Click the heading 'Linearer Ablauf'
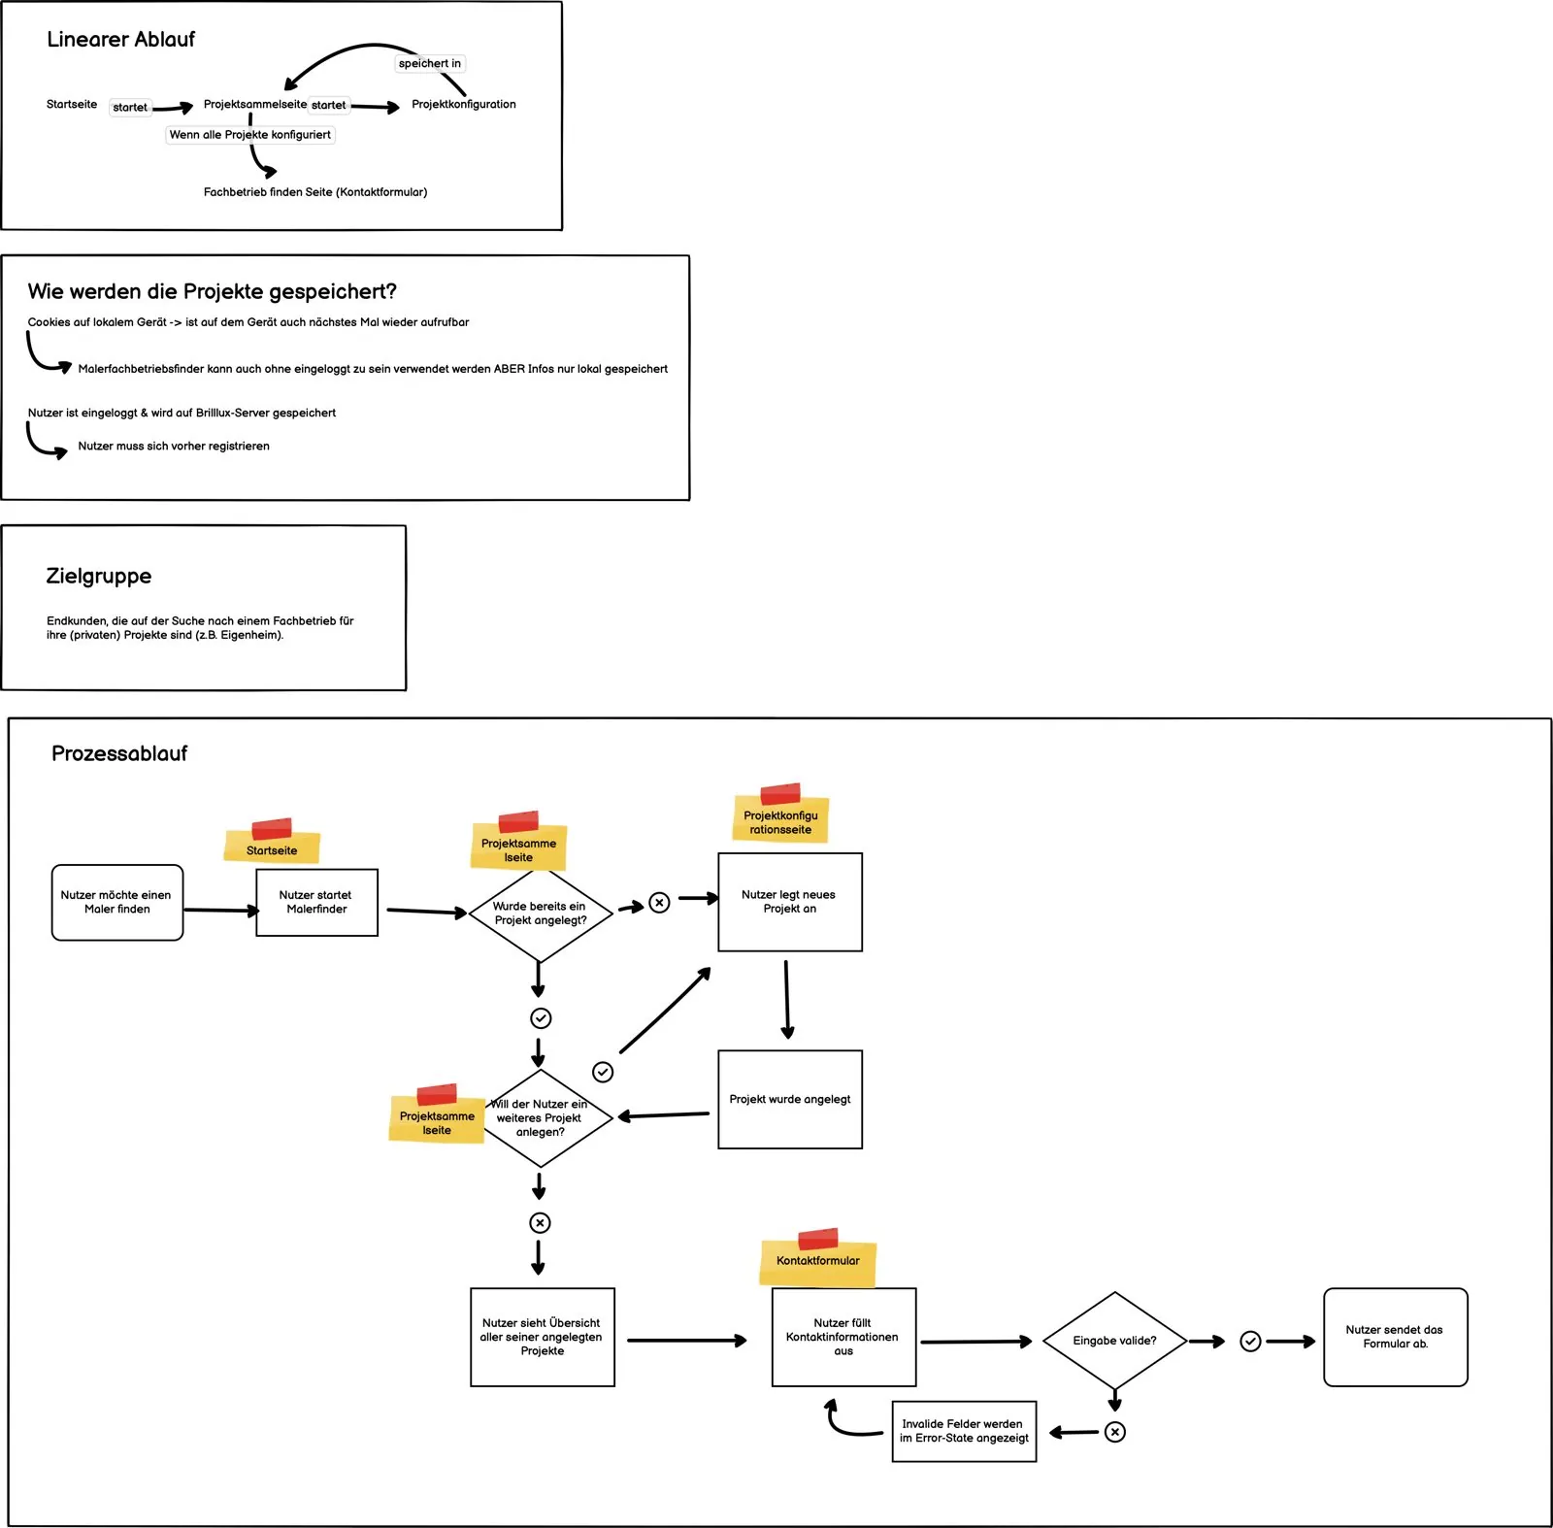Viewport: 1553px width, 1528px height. click(120, 40)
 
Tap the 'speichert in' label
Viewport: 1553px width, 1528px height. click(430, 64)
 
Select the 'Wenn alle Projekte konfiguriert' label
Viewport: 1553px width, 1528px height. click(250, 135)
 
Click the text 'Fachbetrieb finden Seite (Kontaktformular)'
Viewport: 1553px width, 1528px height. click(315, 192)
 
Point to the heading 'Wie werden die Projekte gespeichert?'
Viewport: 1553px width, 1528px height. click(213, 292)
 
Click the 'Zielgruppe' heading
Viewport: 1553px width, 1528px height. click(99, 576)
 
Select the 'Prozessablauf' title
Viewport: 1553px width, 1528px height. click(119, 753)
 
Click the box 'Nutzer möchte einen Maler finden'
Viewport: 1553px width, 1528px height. click(117, 903)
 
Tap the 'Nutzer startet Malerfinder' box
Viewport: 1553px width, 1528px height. click(316, 903)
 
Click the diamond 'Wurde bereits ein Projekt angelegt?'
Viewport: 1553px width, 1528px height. click(541, 913)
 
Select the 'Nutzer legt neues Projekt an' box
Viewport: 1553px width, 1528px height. click(790, 902)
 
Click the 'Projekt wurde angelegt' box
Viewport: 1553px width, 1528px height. click(790, 1100)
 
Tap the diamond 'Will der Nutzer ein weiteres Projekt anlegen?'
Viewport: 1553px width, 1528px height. click(541, 1118)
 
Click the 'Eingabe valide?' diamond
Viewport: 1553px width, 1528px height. click(1115, 1341)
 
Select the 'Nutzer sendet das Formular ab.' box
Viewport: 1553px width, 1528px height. click(1396, 1338)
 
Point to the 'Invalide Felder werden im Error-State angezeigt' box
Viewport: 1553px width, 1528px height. click(964, 1432)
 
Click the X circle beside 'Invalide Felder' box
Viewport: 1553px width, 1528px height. click(1115, 1432)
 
